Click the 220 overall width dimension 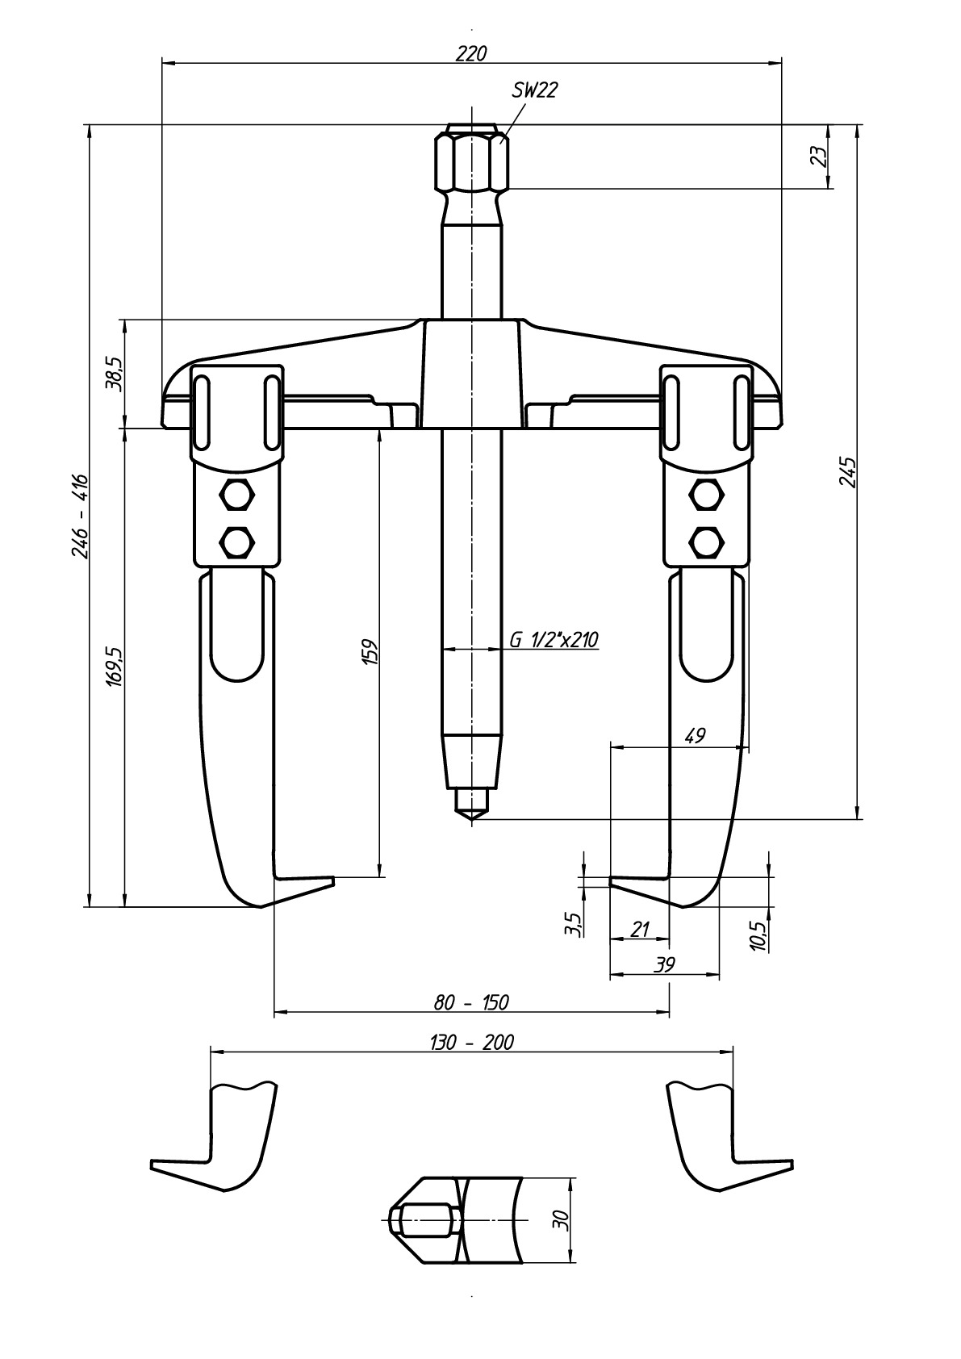(472, 53)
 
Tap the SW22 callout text (534, 91)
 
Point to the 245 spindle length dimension (847, 472)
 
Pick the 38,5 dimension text (113, 373)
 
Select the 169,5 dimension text (114, 666)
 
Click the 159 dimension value (370, 652)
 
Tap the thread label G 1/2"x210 (553, 640)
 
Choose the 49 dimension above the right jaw (694, 735)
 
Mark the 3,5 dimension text (573, 923)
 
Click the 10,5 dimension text (758, 935)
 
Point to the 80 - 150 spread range (471, 1002)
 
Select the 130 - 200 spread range (471, 1042)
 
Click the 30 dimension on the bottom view (562, 1219)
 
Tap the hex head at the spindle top (473, 162)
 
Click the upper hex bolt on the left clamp (237, 494)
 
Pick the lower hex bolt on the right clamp (706, 541)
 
